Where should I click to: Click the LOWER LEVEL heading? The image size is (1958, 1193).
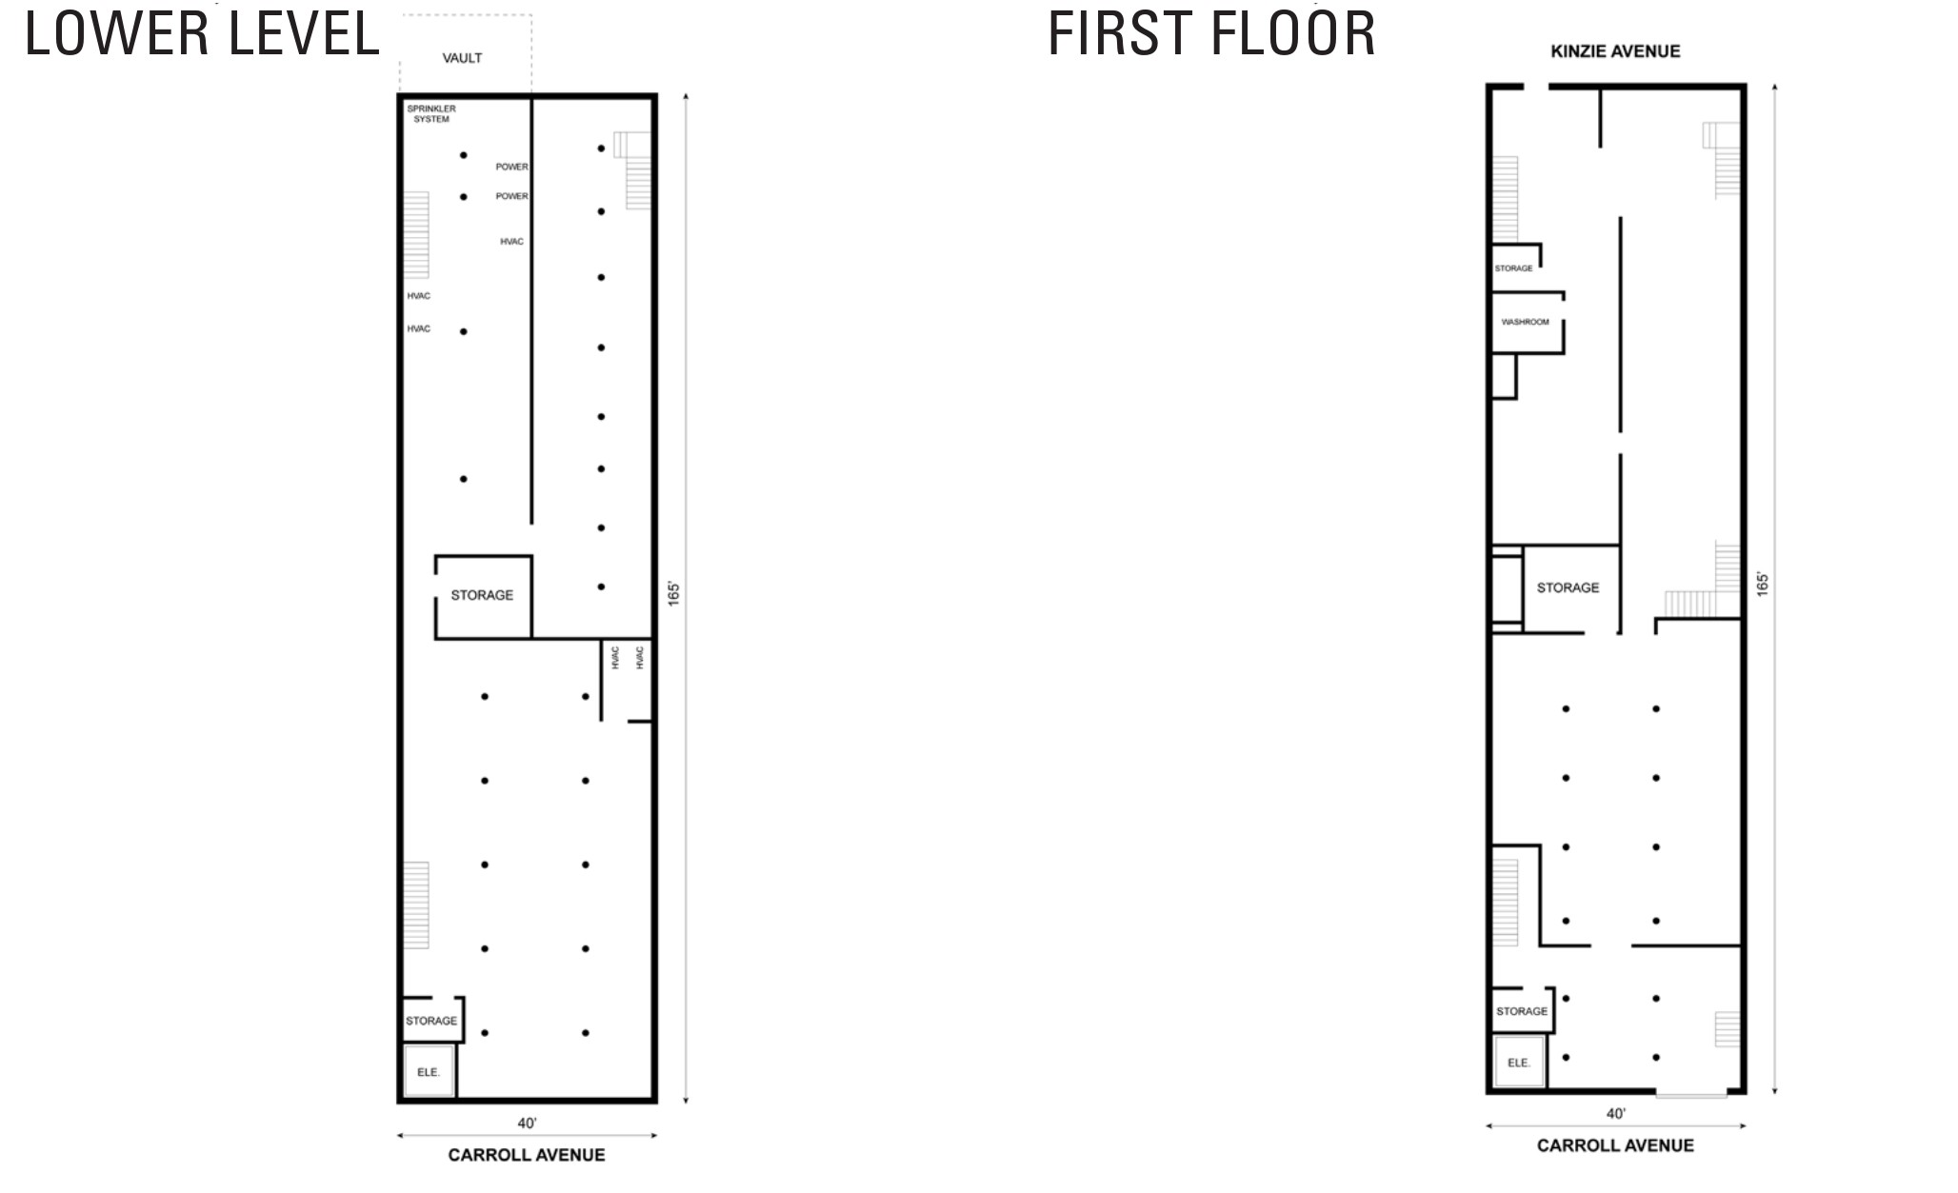click(202, 33)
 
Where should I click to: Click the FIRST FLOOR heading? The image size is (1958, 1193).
click(1211, 33)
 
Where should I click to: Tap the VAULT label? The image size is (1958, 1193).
click(462, 58)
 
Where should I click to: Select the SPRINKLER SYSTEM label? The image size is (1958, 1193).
click(431, 113)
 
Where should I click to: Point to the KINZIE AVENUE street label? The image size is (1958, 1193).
click(1615, 51)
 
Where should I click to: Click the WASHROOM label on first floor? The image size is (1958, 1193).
click(1525, 322)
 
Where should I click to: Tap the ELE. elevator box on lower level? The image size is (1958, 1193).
click(429, 1072)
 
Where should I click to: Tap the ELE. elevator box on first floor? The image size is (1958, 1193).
click(1519, 1063)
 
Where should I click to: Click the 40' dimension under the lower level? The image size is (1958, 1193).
click(527, 1123)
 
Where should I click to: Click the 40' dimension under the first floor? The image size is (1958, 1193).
click(1615, 1113)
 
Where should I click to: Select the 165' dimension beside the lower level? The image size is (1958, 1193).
click(673, 593)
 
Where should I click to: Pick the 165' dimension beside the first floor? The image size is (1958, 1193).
click(1763, 584)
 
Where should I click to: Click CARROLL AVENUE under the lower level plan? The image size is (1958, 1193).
click(527, 1155)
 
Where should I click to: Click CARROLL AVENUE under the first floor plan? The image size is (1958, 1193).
click(1615, 1145)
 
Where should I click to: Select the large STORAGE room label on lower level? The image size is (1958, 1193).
click(482, 595)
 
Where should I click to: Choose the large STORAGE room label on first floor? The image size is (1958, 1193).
click(1568, 587)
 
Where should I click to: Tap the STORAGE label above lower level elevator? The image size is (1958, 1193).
click(431, 1021)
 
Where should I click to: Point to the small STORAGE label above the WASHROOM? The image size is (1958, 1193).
click(1513, 268)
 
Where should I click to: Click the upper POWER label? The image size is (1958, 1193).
click(511, 167)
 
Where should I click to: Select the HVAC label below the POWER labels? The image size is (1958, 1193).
click(511, 242)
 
